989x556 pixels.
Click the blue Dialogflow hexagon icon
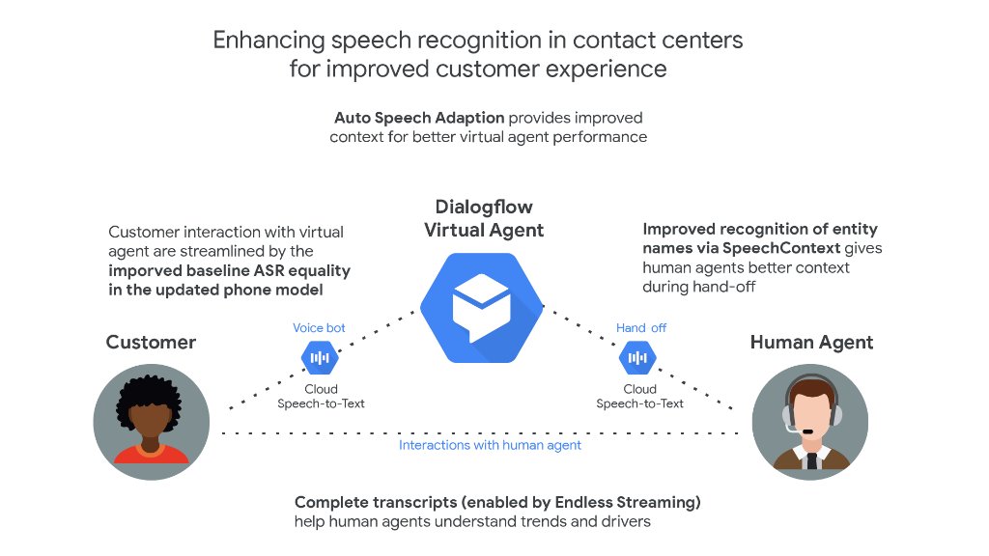[x=482, y=307]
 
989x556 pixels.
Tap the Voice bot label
[x=319, y=328]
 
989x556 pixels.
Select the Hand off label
[x=641, y=328]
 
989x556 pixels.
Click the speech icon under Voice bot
[x=320, y=358]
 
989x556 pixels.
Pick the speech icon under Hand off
[x=637, y=358]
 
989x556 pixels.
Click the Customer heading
[x=151, y=343]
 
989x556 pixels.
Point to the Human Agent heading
[x=811, y=343]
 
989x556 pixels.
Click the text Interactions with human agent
[x=490, y=445]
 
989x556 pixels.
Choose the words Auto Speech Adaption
[x=419, y=118]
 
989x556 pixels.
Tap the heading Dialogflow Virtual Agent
[x=484, y=219]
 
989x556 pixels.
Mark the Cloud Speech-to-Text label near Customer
[x=321, y=397]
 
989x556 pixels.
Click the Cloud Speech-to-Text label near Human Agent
[x=639, y=397]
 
